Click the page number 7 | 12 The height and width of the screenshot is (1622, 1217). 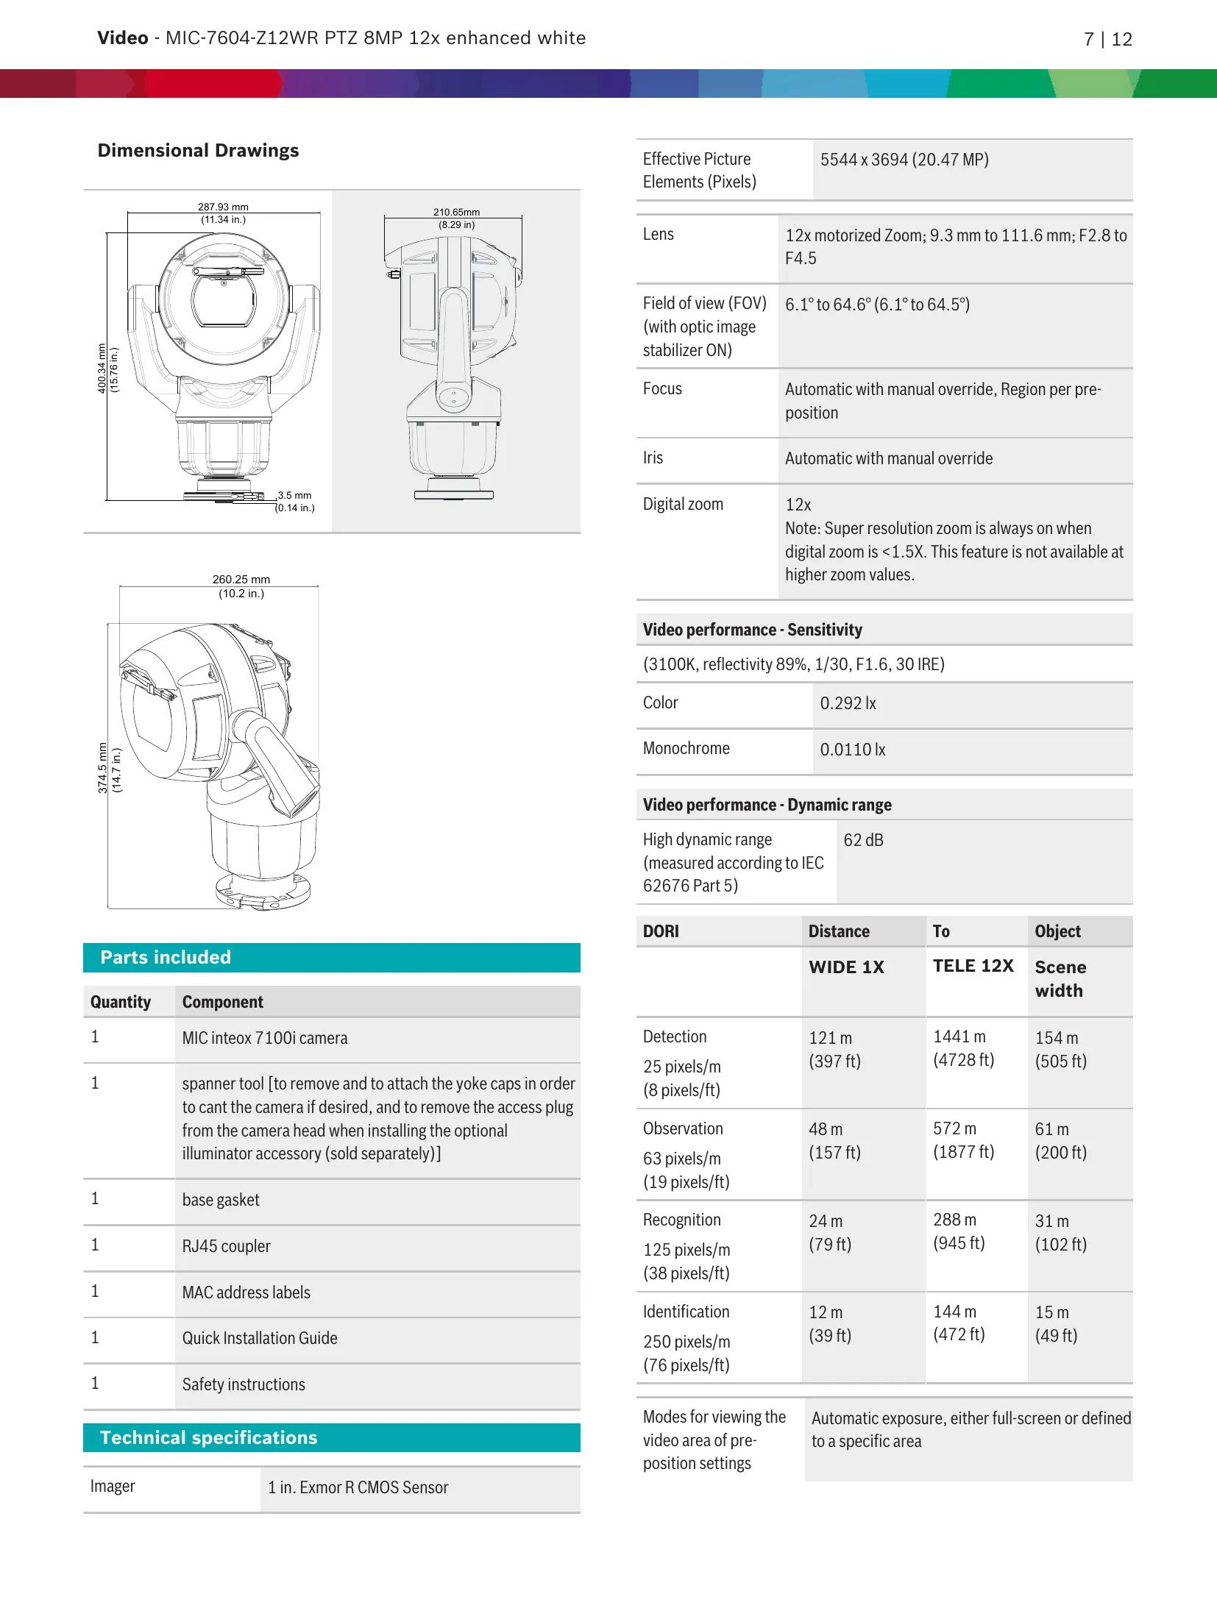1107,39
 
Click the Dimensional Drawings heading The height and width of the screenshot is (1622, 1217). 198,151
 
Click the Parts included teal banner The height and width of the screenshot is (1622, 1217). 331,957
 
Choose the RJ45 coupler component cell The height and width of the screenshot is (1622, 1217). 227,1246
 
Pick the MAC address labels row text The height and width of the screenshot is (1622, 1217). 246,1292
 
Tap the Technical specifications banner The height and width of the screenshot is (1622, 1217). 331,1437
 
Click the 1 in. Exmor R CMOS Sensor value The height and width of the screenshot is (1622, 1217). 358,1487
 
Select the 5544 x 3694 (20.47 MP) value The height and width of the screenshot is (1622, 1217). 904,160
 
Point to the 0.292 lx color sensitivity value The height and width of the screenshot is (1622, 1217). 848,703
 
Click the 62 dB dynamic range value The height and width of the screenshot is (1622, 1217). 863,840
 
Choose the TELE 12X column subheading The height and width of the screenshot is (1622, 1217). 973,966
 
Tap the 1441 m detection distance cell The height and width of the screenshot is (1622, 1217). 959,1036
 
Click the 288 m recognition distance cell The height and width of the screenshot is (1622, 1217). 954,1220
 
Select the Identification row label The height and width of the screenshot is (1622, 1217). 686,1312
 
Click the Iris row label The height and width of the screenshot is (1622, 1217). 653,458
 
